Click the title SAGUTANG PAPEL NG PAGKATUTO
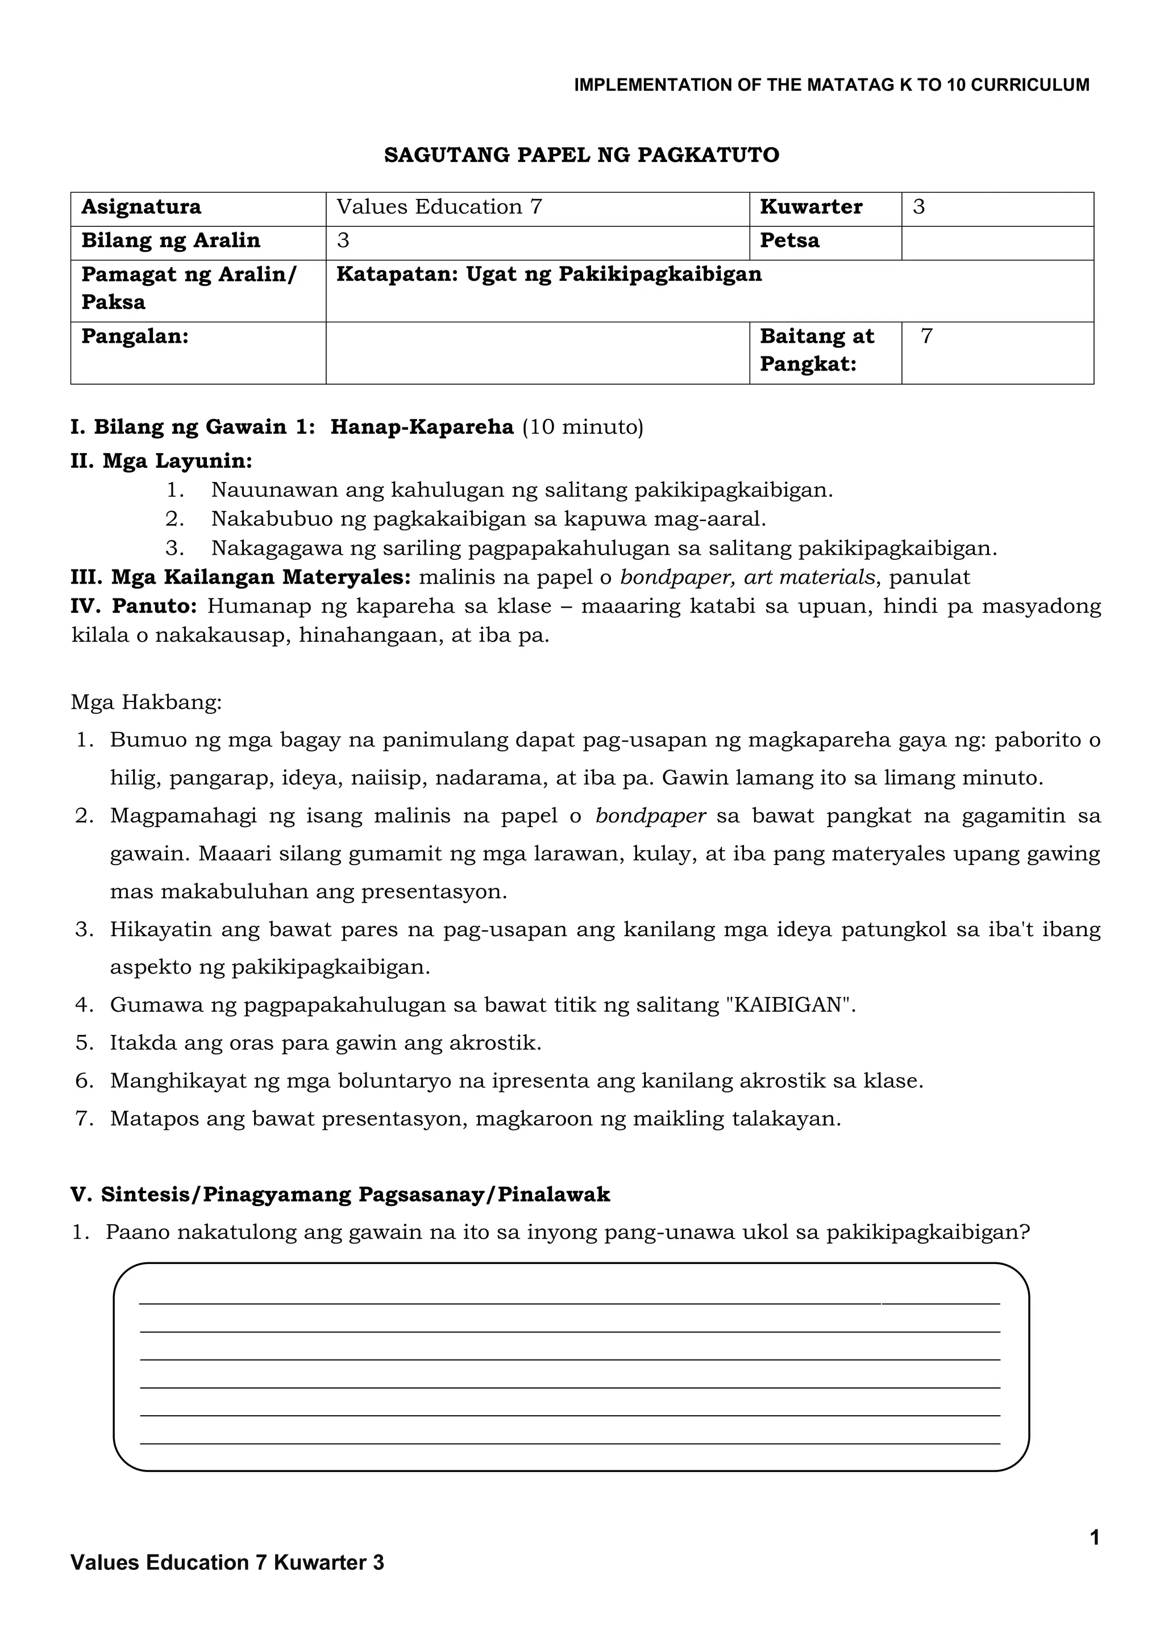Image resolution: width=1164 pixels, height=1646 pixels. (x=581, y=155)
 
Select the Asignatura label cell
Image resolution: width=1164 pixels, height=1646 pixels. (x=141, y=207)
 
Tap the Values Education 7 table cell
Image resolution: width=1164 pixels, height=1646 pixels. (x=439, y=207)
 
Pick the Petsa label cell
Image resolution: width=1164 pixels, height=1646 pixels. (x=789, y=241)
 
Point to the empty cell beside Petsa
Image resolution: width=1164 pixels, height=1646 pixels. (x=997, y=242)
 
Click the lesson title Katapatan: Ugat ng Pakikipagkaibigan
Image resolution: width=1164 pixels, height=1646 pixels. (x=549, y=275)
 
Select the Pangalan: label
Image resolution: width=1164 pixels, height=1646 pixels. (x=135, y=337)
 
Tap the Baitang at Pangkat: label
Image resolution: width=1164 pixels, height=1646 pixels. (x=816, y=350)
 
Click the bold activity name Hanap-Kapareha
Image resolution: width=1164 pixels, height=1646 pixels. (x=422, y=427)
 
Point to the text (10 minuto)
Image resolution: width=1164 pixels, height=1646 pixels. (x=583, y=427)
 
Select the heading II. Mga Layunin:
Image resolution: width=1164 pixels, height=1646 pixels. (x=161, y=461)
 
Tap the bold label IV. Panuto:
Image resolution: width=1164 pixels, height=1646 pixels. (x=134, y=606)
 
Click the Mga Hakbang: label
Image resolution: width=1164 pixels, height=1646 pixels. (x=146, y=702)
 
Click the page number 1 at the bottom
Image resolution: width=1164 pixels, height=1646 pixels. (x=1094, y=1538)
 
